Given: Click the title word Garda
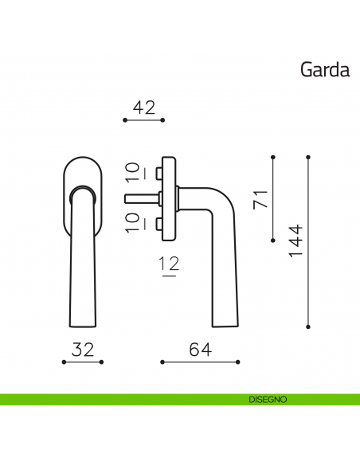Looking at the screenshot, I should [x=324, y=70].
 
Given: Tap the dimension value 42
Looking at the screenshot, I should [x=144, y=107].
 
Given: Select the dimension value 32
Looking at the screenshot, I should [x=84, y=349].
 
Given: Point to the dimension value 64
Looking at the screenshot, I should [x=200, y=349].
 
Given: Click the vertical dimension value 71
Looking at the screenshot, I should [x=258, y=199].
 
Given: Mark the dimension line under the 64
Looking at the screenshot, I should [x=200, y=361].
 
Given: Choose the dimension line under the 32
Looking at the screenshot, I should [x=84, y=361].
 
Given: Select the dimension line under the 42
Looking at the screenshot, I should [x=144, y=120].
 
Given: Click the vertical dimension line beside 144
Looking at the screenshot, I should [x=308, y=241].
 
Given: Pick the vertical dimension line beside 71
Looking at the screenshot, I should [x=273, y=199].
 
